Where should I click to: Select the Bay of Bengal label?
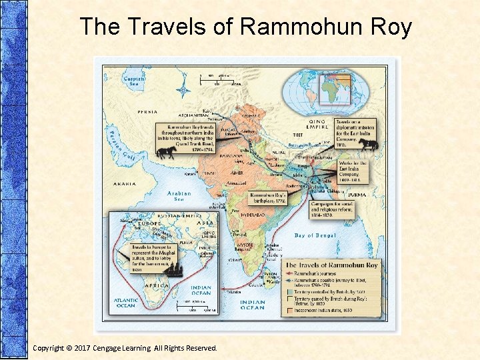(313, 236)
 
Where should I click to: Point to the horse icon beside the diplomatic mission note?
(367, 143)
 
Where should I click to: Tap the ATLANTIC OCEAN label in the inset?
(127, 303)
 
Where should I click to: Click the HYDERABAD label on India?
(252, 217)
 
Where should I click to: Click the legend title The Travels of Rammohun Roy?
(331, 265)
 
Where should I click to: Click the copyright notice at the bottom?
(125, 347)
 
